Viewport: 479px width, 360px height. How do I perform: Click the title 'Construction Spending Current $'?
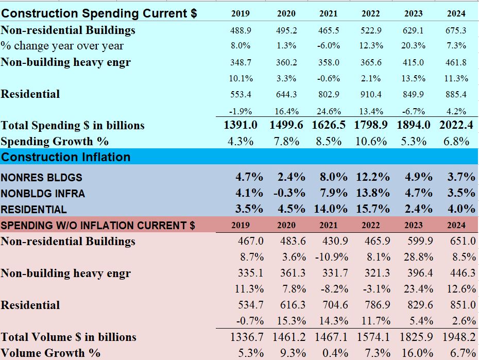(99, 13)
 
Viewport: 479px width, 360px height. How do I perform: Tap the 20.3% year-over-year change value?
(413, 46)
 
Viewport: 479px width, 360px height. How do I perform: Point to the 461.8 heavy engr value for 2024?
(456, 63)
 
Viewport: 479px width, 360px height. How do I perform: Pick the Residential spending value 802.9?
(329, 94)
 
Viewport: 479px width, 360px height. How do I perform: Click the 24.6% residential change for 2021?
(329, 111)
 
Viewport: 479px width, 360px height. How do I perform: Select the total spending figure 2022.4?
(456, 125)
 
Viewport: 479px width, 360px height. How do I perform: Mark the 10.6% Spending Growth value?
(371, 141)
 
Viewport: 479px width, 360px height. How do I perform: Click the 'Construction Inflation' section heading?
(66, 157)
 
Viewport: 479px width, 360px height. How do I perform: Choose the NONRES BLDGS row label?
(41, 178)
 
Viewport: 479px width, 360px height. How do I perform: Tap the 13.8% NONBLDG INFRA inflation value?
(372, 193)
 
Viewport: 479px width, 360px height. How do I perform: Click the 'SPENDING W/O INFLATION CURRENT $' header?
(98, 225)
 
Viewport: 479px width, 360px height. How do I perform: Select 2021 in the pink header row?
(329, 225)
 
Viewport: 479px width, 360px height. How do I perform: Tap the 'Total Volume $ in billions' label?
(69, 337)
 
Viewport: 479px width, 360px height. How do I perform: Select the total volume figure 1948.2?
(458, 337)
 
